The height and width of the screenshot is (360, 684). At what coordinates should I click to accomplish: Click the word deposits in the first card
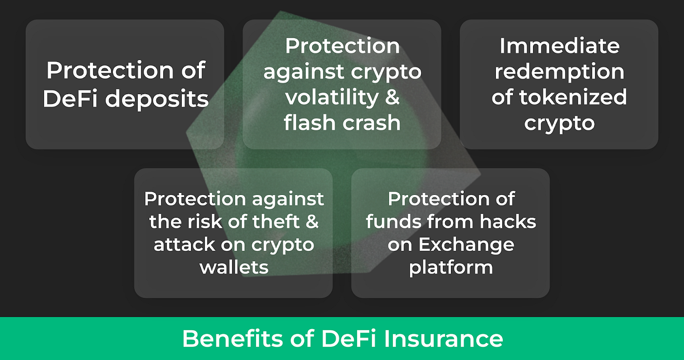pos(157,99)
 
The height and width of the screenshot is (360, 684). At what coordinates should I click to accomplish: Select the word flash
pos(313,123)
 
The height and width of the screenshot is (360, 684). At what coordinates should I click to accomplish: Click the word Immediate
pos(559,46)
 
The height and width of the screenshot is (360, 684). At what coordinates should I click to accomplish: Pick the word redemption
pos(559,72)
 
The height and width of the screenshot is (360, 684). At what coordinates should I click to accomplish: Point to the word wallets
pos(234,267)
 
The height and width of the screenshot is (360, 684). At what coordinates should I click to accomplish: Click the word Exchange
pos(465,244)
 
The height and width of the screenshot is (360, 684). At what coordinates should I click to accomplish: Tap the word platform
pos(450,268)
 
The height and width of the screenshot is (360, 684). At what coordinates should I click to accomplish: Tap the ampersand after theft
pos(312,222)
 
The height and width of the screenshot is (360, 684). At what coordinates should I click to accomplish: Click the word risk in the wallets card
pos(207,222)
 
